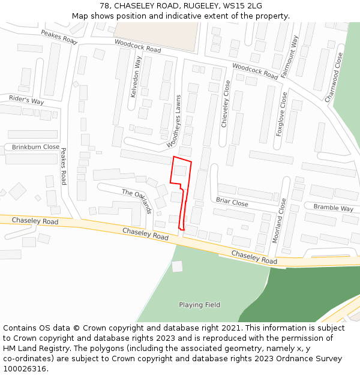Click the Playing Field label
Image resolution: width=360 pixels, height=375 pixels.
point(199,305)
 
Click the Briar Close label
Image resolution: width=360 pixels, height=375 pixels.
point(232,202)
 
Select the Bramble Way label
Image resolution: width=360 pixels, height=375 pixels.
point(333,208)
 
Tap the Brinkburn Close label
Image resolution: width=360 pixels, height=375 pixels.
point(35,147)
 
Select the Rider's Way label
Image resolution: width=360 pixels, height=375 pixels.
point(26,99)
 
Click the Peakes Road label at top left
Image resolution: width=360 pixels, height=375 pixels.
point(59,37)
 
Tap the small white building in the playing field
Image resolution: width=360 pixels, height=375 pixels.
point(177,266)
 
